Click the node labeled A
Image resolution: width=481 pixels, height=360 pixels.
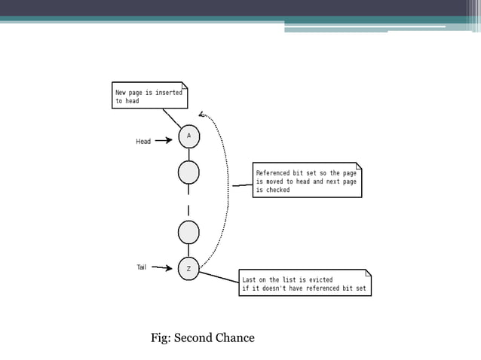[188, 136]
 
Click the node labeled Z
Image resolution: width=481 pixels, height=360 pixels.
[188, 269]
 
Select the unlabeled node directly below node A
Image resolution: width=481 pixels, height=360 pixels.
[188, 172]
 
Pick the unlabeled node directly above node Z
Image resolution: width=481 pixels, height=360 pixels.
[188, 232]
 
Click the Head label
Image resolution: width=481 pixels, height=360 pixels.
[143, 142]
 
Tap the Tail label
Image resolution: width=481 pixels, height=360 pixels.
[141, 267]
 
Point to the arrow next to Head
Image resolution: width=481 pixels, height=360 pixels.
[164, 140]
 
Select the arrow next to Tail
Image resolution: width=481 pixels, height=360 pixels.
[162, 267]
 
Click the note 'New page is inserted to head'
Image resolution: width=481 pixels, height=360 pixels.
[149, 96]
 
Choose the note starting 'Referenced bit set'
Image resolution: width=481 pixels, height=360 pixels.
[307, 181]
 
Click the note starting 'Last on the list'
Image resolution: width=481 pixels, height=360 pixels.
[305, 283]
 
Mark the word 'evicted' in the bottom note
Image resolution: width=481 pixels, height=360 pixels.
[320, 280]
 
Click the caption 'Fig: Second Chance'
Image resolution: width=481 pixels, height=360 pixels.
[203, 337]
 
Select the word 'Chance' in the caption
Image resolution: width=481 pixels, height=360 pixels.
[235, 337]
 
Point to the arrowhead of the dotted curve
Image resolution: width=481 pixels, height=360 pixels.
[201, 114]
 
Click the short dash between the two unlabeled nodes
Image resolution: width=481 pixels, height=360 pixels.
[188, 210]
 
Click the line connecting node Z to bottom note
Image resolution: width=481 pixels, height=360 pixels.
[219, 277]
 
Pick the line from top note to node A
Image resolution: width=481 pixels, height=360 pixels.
[172, 118]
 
